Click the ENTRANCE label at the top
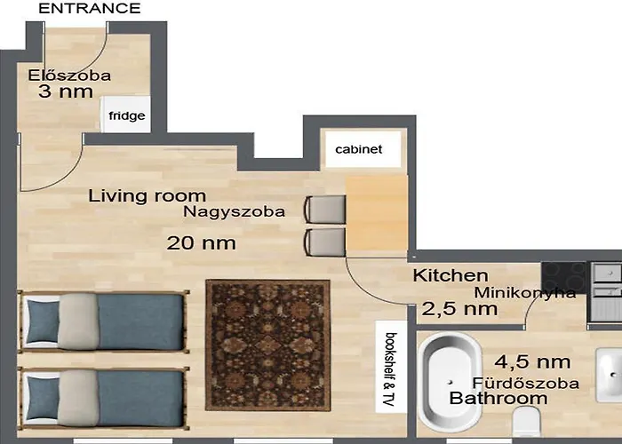pyautogui.click(x=90, y=9)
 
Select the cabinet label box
pyautogui.click(x=358, y=149)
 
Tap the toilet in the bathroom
pyautogui.click(x=530, y=424)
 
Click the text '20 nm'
pyautogui.click(x=202, y=242)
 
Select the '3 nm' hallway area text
pyautogui.click(x=65, y=91)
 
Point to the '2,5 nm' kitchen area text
pyautogui.click(x=459, y=309)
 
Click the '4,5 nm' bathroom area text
pyautogui.click(x=532, y=361)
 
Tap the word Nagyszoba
pyautogui.click(x=235, y=212)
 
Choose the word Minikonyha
pyautogui.click(x=525, y=292)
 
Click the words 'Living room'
pyautogui.click(x=147, y=196)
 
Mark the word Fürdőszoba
pyautogui.click(x=525, y=383)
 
